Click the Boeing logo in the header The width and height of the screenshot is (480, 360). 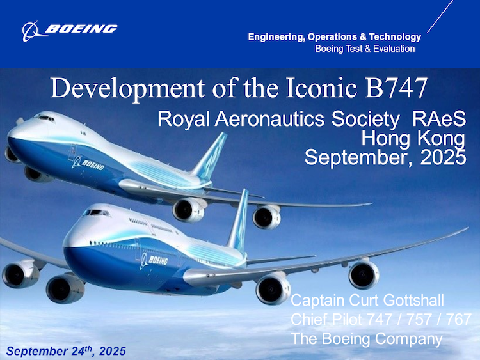[70, 29]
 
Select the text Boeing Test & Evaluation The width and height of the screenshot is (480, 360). [365, 49]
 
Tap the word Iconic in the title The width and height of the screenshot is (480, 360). [318, 88]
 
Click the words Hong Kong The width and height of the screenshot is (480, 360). [413, 138]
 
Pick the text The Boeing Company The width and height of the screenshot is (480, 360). [366, 338]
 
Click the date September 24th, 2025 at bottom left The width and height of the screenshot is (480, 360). [66, 351]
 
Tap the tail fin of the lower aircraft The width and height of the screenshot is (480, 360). [239, 221]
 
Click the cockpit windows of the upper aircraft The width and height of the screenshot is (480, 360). [45, 118]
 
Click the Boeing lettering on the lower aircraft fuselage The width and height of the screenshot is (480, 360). [155, 260]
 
